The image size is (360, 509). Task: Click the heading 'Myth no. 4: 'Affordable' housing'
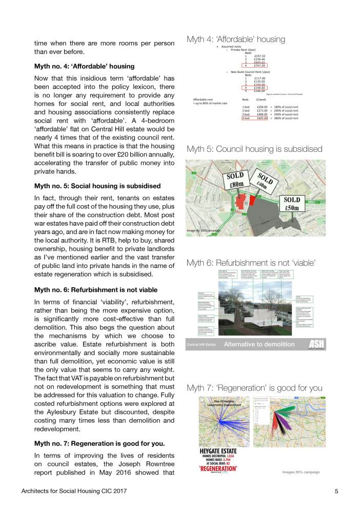point(84,66)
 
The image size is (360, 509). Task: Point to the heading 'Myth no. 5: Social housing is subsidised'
point(97,185)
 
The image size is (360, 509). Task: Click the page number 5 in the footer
point(336,491)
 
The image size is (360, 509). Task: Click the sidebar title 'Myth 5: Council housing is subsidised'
point(254,149)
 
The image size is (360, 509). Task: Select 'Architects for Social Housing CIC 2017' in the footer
point(74,491)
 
